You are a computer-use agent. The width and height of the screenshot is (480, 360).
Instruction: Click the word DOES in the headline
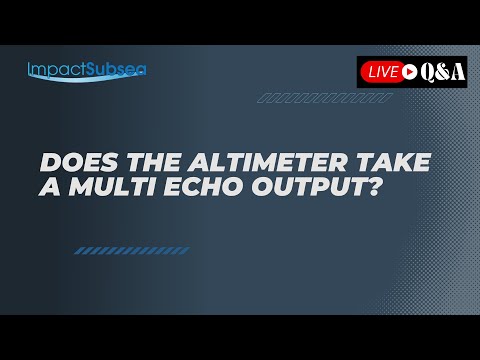(x=69, y=163)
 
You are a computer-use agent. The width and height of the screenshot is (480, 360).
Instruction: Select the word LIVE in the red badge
(x=383, y=71)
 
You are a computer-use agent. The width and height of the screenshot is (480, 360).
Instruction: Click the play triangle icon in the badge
(x=411, y=71)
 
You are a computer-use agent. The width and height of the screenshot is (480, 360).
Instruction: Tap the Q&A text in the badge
(x=443, y=71)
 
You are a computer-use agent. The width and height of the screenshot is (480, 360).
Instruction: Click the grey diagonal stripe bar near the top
(x=323, y=99)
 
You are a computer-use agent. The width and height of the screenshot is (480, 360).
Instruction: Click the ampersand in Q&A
(x=443, y=71)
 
